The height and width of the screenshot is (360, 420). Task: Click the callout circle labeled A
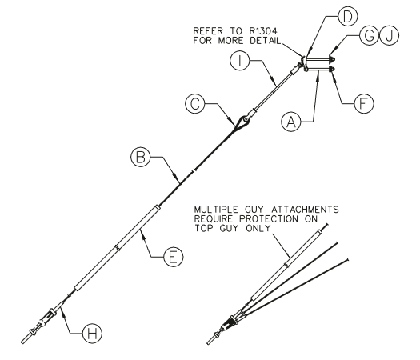[291, 122]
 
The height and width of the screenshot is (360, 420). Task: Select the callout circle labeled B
[141, 157]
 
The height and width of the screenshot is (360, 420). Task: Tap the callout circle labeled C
[195, 104]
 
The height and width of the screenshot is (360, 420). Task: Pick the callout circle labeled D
[348, 16]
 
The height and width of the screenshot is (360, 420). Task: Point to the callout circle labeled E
[174, 257]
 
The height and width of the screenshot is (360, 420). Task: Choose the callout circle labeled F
[363, 103]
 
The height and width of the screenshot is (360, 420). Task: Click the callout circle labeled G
[370, 35]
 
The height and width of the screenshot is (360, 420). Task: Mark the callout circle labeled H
[93, 334]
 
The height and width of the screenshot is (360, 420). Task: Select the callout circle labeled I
[240, 61]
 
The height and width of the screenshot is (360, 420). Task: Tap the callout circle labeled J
[389, 35]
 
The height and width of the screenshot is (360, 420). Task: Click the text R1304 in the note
[263, 31]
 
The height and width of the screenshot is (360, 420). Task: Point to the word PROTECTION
[269, 219]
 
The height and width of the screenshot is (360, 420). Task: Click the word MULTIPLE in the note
[216, 209]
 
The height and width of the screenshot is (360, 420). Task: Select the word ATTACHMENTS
[305, 209]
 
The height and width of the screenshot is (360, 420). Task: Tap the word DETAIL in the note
[265, 41]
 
